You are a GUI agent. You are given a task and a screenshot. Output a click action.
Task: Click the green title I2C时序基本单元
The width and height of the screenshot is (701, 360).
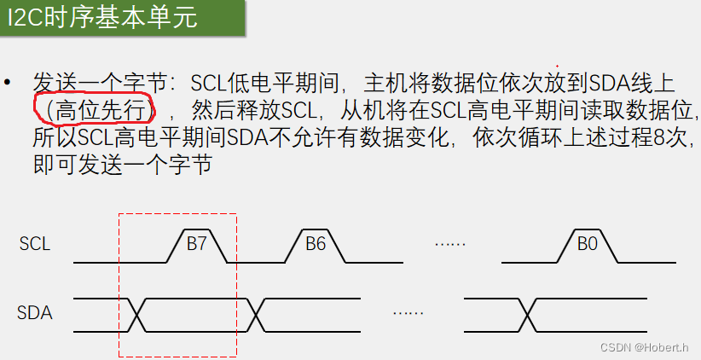pyautogui.click(x=101, y=18)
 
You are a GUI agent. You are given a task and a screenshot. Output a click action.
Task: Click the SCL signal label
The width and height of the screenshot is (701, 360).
pyautogui.click(x=35, y=244)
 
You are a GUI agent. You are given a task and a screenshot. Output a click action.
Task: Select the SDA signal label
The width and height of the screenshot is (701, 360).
pyautogui.click(x=35, y=312)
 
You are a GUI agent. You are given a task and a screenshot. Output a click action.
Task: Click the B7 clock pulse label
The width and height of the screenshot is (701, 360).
pyautogui.click(x=197, y=244)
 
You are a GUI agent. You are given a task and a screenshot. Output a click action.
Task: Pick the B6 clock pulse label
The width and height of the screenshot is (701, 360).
pyautogui.click(x=316, y=244)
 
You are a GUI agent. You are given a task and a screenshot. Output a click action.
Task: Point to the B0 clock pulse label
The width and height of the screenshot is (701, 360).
pyautogui.click(x=587, y=244)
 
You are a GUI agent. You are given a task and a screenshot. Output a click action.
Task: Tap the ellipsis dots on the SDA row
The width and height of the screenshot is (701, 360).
pyautogui.click(x=408, y=313)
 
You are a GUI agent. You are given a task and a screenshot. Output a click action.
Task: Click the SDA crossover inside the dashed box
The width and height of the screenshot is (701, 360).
pyautogui.click(x=136, y=315)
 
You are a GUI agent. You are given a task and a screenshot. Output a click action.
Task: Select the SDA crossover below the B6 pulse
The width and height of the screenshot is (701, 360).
pyautogui.click(x=256, y=315)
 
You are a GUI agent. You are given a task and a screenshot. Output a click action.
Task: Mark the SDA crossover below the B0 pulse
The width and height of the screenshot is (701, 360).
pyautogui.click(x=526, y=315)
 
